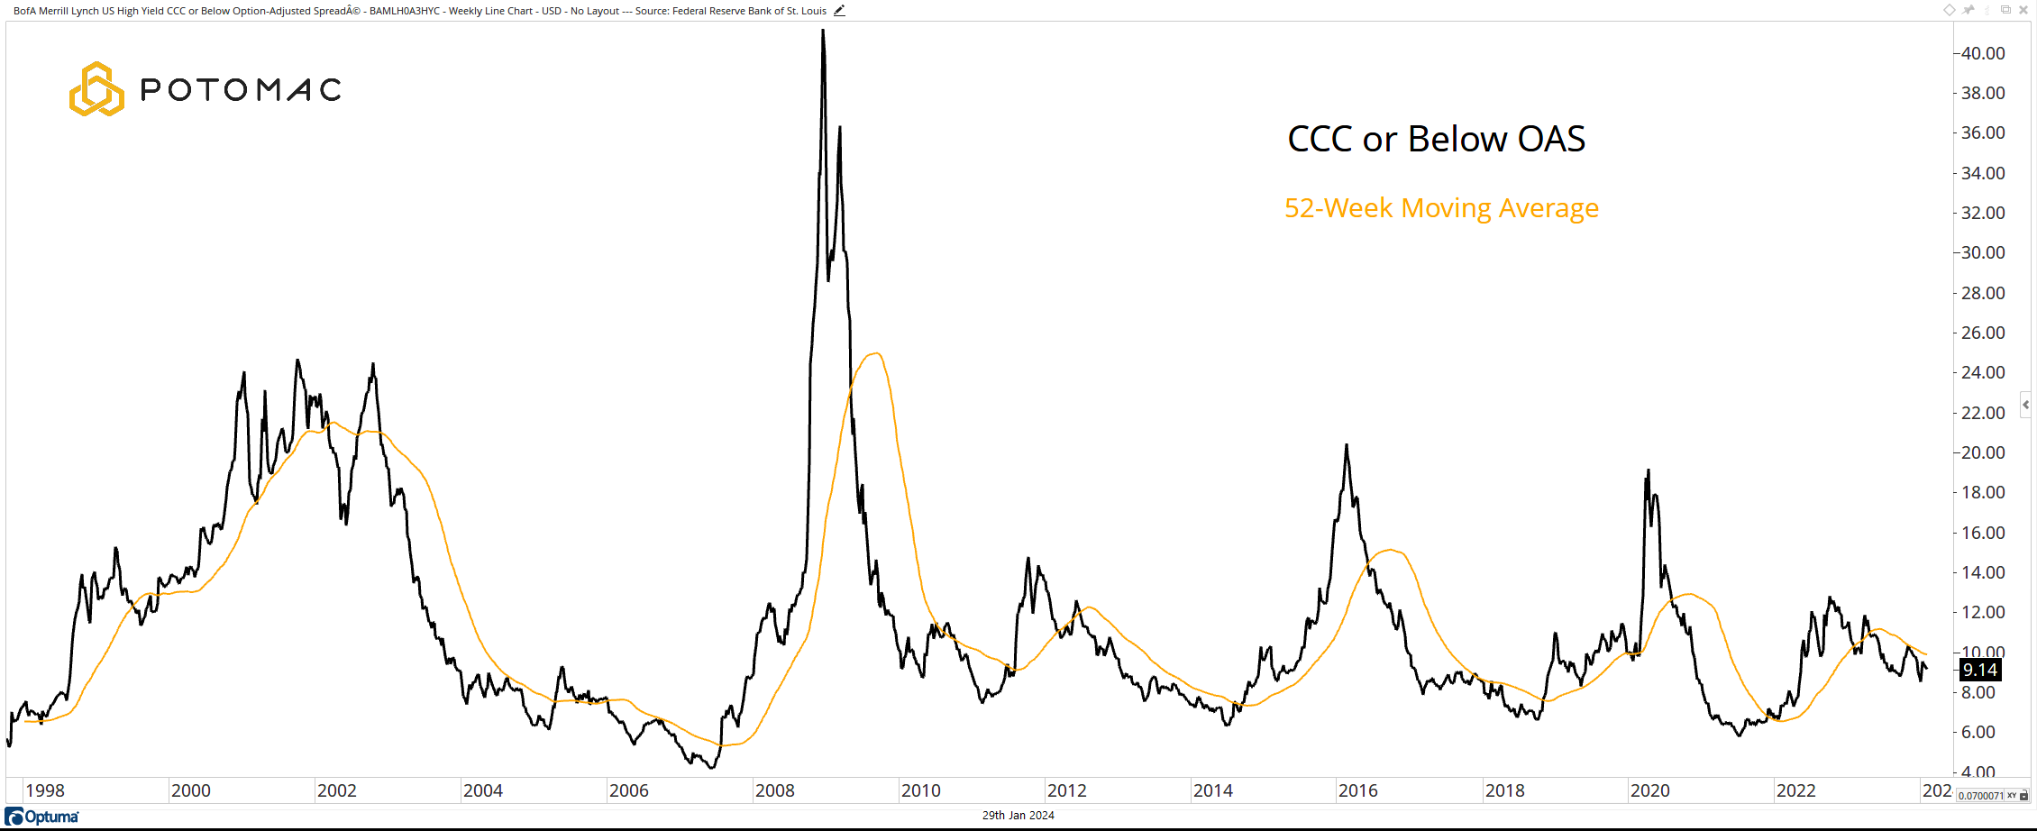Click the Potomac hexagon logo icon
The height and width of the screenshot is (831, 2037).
(96, 89)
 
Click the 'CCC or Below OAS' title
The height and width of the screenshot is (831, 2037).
(1436, 140)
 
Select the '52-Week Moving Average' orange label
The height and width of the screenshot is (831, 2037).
(1441, 208)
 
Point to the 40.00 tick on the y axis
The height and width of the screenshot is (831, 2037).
(1982, 53)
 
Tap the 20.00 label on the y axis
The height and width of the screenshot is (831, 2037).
(1982, 452)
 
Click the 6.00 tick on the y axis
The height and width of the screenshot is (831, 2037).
(1978, 732)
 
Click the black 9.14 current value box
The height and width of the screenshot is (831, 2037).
(1980, 670)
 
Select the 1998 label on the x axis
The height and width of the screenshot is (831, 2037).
(45, 790)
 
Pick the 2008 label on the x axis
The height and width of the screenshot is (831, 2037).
(774, 790)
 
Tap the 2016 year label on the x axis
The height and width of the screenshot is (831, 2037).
(1357, 790)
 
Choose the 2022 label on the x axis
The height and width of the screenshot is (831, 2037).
(1795, 790)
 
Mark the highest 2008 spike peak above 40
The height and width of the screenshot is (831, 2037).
(823, 31)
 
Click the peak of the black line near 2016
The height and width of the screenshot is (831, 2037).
(1347, 445)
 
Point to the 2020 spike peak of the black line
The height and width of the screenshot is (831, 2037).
(1649, 470)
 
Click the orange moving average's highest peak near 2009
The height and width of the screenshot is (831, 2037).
(875, 353)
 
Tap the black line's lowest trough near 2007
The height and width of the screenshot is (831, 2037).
(712, 768)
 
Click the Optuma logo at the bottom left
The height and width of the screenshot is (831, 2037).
(42, 817)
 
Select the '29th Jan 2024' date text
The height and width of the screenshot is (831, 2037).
(1018, 816)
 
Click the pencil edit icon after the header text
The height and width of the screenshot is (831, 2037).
(839, 11)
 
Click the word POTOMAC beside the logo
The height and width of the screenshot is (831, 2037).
(241, 89)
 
